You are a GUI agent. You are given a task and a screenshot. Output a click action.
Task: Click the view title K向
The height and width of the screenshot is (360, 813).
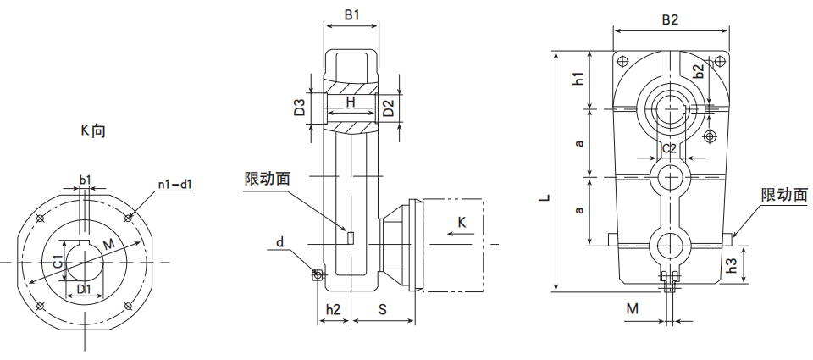[x=93, y=131]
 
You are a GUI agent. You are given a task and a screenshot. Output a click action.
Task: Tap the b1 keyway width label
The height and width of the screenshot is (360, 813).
[x=85, y=180]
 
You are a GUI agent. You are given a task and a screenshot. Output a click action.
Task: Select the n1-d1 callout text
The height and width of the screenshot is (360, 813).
[x=174, y=184]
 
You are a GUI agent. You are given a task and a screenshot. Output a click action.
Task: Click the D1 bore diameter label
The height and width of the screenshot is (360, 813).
[x=84, y=290]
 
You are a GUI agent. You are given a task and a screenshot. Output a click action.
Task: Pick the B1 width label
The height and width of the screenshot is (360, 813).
[x=351, y=15]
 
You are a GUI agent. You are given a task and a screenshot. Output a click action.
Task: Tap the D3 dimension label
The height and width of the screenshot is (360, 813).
[x=299, y=108]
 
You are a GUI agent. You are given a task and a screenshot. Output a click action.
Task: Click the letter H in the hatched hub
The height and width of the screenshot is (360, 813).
[x=350, y=102]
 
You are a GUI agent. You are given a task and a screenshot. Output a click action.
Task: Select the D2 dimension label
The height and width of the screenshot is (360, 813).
[x=389, y=108]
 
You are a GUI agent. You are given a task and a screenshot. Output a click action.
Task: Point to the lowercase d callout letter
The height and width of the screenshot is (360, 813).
[x=279, y=244]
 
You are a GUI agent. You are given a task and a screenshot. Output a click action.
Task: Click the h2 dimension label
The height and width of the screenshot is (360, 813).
[x=334, y=311]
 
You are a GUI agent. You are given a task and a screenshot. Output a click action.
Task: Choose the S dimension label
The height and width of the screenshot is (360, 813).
[x=383, y=311]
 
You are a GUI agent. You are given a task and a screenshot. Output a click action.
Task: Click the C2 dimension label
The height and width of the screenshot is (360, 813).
[x=669, y=148]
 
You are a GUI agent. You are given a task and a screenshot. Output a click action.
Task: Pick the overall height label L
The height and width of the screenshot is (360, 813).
[x=546, y=197]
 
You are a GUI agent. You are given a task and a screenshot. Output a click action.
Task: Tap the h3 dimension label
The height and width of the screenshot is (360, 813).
[x=733, y=265]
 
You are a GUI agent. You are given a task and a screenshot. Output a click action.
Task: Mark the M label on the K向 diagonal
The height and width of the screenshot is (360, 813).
[x=108, y=246]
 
